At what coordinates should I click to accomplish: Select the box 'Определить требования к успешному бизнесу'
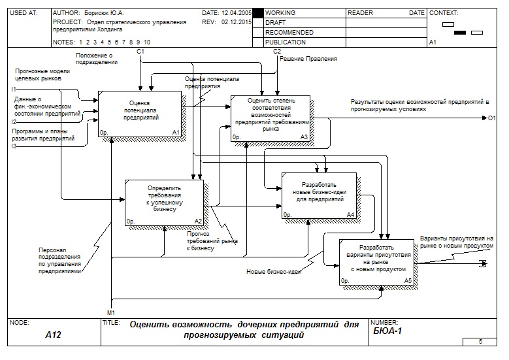pos(164,199)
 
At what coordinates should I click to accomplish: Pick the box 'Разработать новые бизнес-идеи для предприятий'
pos(319,195)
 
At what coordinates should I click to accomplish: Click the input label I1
pos(13,89)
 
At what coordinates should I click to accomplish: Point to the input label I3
pos(13,146)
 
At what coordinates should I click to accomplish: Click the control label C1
pos(140,51)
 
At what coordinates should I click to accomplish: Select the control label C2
pos(277,51)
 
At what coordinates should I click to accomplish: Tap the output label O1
pos(493,118)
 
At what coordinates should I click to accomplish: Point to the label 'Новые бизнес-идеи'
pos(273,272)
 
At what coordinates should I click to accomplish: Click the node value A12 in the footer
pos(52,335)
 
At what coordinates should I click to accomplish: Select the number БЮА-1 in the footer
pos(386,331)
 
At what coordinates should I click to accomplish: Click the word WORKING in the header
pos(280,13)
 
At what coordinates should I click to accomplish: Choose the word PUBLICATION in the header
pos(286,42)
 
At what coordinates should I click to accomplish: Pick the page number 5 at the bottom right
pos(480,341)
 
